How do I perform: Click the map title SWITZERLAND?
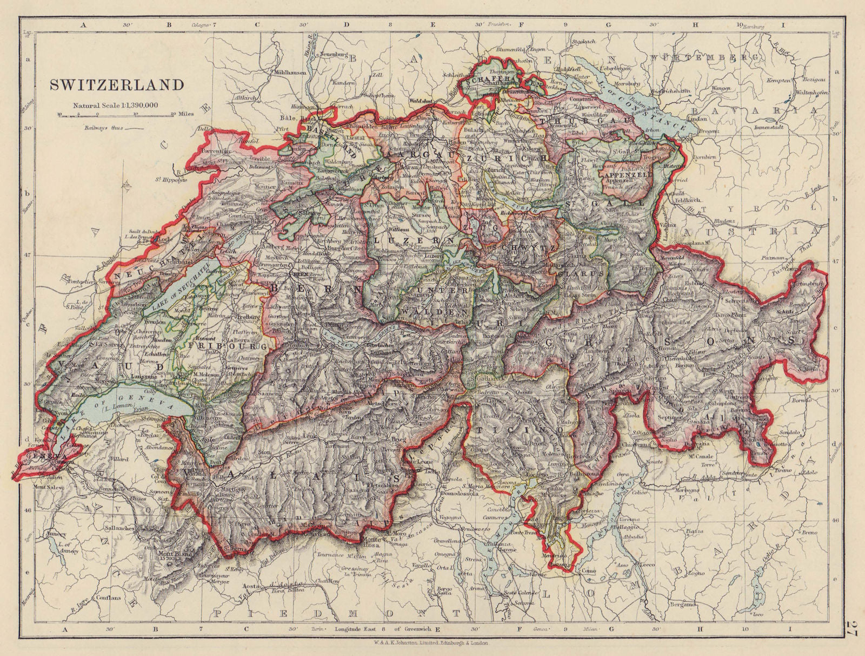click(117, 85)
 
